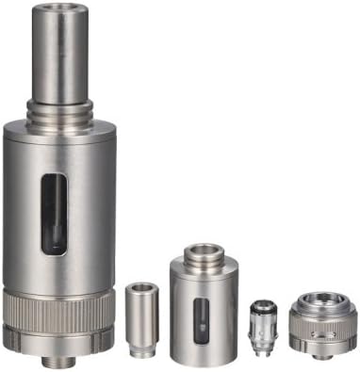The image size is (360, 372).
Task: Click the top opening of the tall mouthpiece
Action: [x=59, y=8]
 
